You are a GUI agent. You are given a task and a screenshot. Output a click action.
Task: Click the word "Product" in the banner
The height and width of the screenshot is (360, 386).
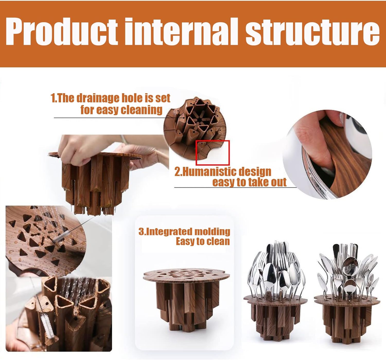[62, 31]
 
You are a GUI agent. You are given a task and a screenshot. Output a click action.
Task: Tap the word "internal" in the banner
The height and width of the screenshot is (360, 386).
[182, 31]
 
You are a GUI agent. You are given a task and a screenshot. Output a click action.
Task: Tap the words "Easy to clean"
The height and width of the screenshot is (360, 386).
[203, 242]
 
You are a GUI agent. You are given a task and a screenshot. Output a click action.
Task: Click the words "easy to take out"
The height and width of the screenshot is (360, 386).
[250, 182]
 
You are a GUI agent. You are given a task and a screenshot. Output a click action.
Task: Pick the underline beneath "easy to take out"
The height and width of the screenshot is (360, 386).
[235, 187]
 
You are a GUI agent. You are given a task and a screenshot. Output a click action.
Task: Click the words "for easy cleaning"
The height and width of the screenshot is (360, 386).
[121, 110]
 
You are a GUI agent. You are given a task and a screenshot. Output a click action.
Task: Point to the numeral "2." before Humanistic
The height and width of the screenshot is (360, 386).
[178, 172]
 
